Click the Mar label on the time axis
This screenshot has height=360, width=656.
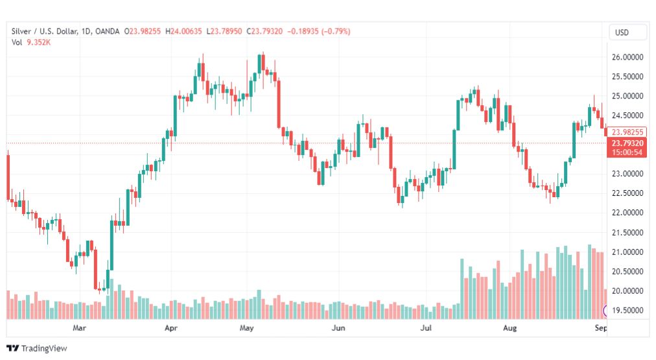pos(79,328)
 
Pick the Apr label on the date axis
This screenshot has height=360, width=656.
pos(172,328)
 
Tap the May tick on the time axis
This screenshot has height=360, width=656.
pos(246,328)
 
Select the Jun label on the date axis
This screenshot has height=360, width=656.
pos(338,328)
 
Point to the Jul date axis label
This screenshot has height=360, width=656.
pos(426,328)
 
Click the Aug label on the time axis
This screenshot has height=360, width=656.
pos(510,328)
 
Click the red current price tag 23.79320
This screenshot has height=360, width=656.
pos(626,143)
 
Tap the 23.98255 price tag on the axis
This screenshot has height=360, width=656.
pos(626,132)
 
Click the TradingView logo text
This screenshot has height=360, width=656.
pos(38,348)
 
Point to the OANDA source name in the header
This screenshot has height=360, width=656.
pos(108,31)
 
